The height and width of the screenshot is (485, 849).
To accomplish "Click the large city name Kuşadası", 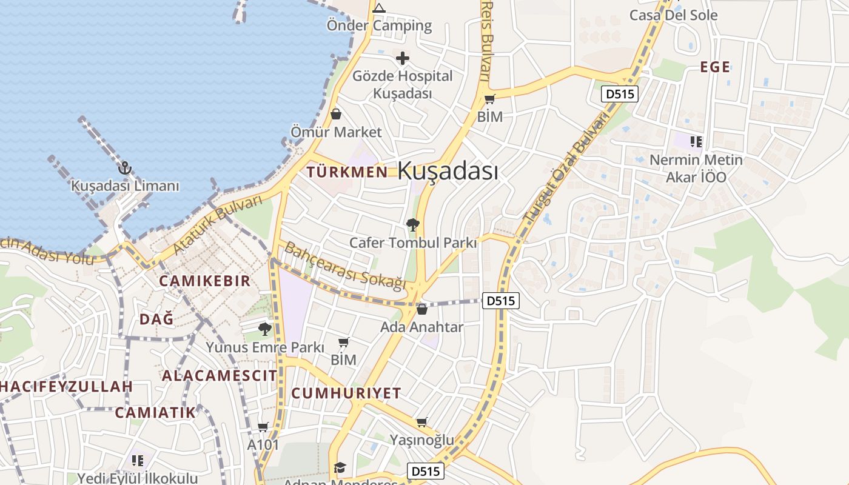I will [448, 171].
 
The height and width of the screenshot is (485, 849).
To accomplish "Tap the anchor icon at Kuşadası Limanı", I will [125, 168].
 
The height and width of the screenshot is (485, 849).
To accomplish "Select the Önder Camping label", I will [379, 25].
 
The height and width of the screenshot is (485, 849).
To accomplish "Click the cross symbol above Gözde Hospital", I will [402, 58].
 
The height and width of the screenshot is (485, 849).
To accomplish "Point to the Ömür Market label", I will [336, 132].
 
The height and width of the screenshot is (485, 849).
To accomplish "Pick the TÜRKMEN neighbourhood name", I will [347, 172].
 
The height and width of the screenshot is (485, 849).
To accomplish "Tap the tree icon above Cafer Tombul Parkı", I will [413, 226].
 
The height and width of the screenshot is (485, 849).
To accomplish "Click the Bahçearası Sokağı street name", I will [344, 266].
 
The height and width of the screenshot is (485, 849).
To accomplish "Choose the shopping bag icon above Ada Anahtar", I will [422, 310].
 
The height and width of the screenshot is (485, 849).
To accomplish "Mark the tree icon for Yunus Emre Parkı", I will [264, 329].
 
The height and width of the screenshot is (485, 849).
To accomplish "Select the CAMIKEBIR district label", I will [204, 281].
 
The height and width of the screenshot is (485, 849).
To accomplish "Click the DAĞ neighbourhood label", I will [156, 319].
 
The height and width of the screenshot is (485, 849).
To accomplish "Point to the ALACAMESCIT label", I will [219, 375].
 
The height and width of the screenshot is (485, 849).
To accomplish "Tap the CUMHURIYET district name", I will [346, 393].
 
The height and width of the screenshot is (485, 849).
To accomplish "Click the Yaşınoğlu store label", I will [421, 440].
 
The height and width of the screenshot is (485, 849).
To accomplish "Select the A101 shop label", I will [263, 445].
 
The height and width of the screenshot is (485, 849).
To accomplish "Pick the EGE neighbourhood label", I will [715, 67].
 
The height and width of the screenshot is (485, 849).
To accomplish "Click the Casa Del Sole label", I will [673, 15].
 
